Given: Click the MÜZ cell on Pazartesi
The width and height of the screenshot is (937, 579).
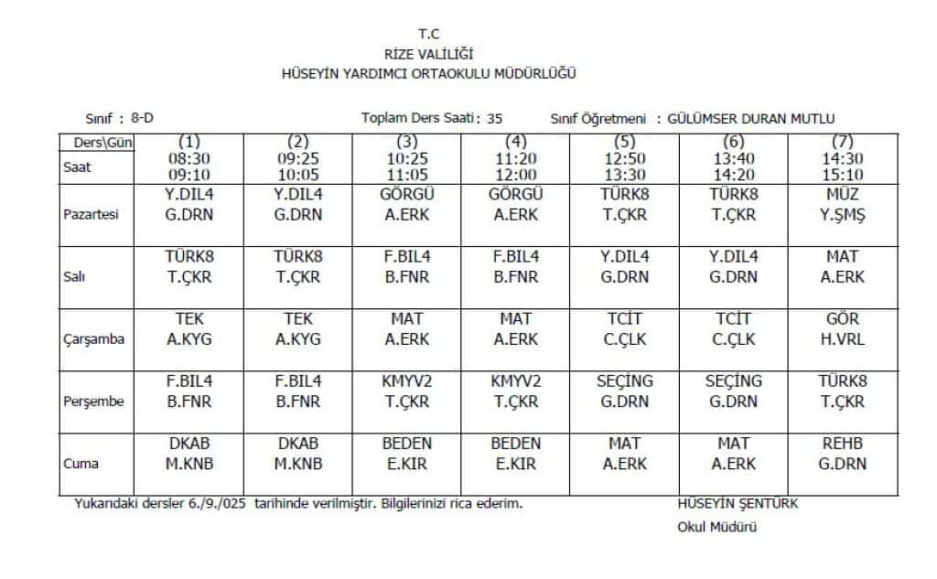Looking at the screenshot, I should pyautogui.click(x=842, y=194).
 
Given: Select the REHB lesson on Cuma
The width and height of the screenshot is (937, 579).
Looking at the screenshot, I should pyautogui.click(x=842, y=444).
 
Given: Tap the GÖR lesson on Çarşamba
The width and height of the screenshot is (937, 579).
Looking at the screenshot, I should pyautogui.click(x=842, y=319).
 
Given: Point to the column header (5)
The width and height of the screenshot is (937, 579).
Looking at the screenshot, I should pyautogui.click(x=624, y=142).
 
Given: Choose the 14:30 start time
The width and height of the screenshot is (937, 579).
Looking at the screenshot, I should pyautogui.click(x=842, y=158).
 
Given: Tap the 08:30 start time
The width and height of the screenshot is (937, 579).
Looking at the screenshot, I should pyautogui.click(x=188, y=158).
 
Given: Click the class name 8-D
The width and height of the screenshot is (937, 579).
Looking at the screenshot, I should pyautogui.click(x=142, y=118).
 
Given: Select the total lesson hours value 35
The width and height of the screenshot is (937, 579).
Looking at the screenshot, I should pyautogui.click(x=494, y=118).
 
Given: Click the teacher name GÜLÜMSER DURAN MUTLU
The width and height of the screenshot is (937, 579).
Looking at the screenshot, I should pyautogui.click(x=751, y=118).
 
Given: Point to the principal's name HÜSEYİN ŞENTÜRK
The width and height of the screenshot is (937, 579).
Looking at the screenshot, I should pyautogui.click(x=738, y=503).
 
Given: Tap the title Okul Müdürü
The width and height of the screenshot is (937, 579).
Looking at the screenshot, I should pyautogui.click(x=716, y=526).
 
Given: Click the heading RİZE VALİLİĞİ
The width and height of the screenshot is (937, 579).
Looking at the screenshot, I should pyautogui.click(x=429, y=55).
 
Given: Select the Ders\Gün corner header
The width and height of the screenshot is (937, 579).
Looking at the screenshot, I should pyautogui.click(x=97, y=142).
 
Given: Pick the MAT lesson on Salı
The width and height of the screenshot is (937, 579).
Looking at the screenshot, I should pyautogui.click(x=842, y=257).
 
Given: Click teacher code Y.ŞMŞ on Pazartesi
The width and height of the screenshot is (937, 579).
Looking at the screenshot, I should pyautogui.click(x=842, y=215).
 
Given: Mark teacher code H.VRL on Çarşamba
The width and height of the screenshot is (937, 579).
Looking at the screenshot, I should pyautogui.click(x=842, y=339).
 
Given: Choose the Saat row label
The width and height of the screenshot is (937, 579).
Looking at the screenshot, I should pyautogui.click(x=78, y=166).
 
